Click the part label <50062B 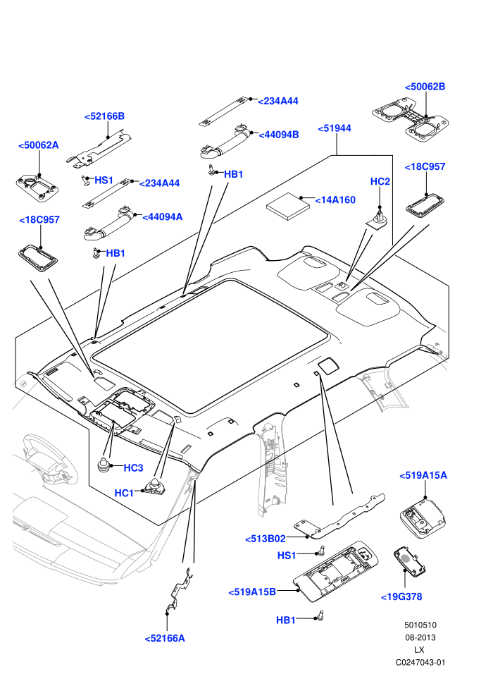[x=425, y=87]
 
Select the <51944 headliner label [x=335, y=128]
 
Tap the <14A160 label [x=335, y=200]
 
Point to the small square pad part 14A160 [x=288, y=206]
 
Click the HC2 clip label [x=380, y=182]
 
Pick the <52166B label [x=104, y=116]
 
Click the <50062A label [x=38, y=145]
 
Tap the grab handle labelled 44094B [x=226, y=142]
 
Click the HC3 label [x=133, y=468]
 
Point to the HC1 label [x=124, y=494]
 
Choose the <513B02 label [x=266, y=539]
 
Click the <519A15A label [x=423, y=476]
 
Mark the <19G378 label [x=401, y=597]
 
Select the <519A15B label [x=252, y=592]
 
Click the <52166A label [x=165, y=639]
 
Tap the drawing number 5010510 [x=420, y=625]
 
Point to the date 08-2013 [x=420, y=638]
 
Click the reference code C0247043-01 [x=420, y=663]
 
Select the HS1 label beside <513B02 [x=286, y=556]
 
